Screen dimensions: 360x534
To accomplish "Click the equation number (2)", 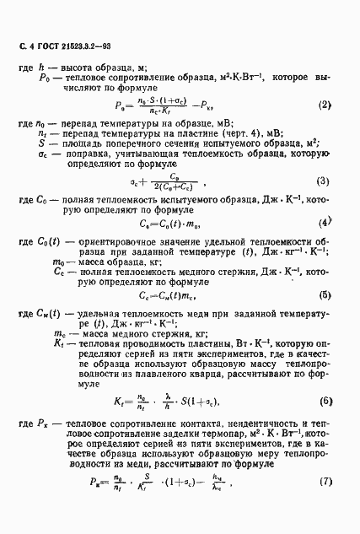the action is click(324, 105).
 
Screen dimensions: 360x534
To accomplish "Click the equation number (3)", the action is click(323, 181).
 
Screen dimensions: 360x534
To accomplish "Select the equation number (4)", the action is click(323, 223).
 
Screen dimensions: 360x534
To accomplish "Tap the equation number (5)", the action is click(324, 295).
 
